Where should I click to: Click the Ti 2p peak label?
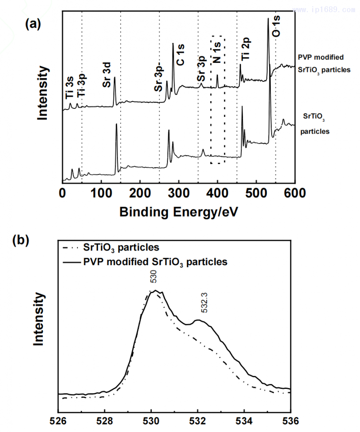(x=245, y=49)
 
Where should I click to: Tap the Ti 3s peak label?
(x=69, y=88)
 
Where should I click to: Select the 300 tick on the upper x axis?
(x=179, y=193)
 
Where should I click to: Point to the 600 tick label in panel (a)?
(x=295, y=193)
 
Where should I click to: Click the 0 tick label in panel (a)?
(x=63, y=193)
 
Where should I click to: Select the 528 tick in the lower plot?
(x=105, y=422)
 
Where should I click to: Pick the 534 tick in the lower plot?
(x=244, y=422)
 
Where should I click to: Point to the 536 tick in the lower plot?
(x=291, y=422)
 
